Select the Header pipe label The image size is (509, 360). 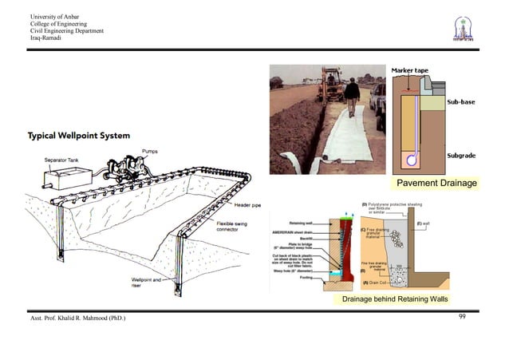click(x=231, y=203)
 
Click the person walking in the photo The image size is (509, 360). click(x=351, y=96)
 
